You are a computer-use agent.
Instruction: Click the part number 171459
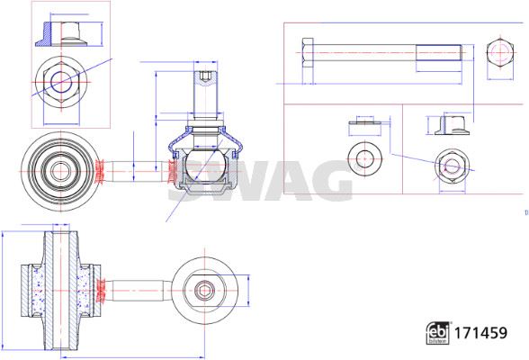[480, 333]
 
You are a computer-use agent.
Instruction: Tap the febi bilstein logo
[437, 333]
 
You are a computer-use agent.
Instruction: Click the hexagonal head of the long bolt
[308, 53]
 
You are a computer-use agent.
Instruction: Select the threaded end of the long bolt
[439, 52]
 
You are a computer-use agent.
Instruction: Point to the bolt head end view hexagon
[499, 52]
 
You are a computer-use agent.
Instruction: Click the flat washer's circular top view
[364, 157]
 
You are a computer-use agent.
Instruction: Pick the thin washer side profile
[364, 122]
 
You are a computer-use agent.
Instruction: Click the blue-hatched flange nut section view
[61, 34]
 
